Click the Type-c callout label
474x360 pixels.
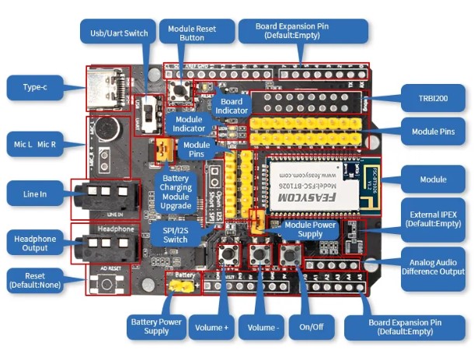[x=34, y=88]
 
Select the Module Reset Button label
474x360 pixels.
[x=196, y=32]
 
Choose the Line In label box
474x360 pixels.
[x=34, y=194]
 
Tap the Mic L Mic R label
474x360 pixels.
[x=34, y=145]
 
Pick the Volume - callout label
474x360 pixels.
[x=262, y=327]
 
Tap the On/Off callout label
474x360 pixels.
[x=310, y=327]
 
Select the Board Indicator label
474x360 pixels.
[x=231, y=106]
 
